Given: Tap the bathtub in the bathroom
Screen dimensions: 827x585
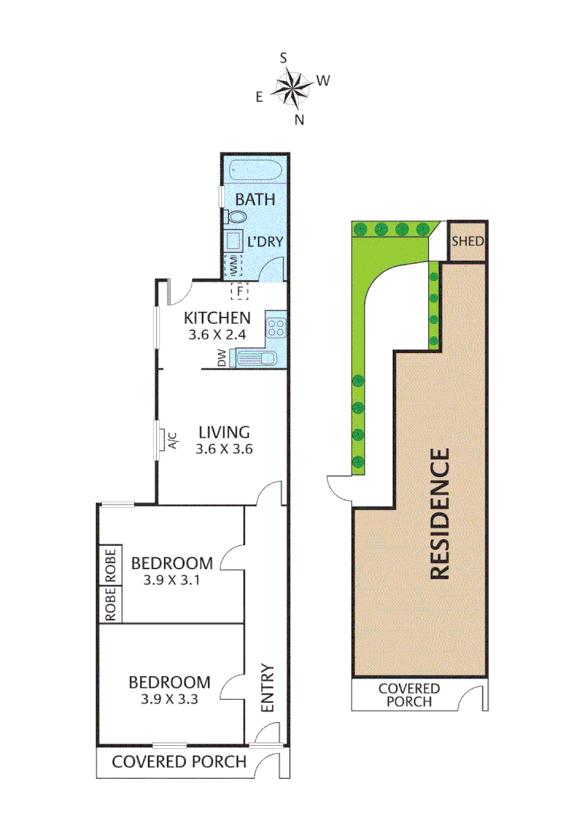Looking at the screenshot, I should coord(255,169).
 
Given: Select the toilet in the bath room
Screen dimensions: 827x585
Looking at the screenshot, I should coord(237,218).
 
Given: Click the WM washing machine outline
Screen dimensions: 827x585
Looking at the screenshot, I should coord(232,266).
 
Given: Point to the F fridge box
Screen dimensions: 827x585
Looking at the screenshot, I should coord(240,291).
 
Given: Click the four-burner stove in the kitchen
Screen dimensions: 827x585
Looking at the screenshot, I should coord(275,328).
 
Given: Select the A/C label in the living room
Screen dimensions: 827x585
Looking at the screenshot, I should coord(172,441).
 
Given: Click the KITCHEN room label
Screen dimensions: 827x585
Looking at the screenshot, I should coord(217,318).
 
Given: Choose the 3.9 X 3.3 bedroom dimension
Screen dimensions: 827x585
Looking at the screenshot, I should coord(170,698).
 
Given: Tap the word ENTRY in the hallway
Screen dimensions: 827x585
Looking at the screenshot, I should coord(268,688).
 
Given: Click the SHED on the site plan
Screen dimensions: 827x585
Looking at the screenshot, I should coord(467,241).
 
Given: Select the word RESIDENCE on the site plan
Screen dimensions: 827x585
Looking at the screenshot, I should coord(440,514).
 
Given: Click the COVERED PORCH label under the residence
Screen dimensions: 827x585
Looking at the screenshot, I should coord(409,695).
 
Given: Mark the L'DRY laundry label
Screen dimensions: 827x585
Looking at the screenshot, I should coord(265,241).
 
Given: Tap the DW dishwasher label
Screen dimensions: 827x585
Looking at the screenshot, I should coord(221,357).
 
